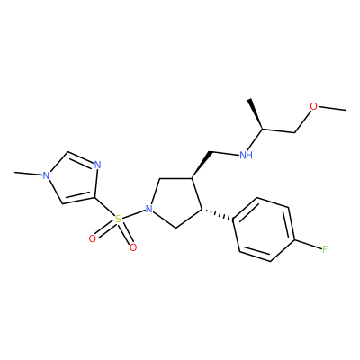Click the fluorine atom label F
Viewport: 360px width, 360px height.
coord(324,249)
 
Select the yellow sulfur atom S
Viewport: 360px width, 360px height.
coord(119,220)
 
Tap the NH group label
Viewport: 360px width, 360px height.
coord(246,155)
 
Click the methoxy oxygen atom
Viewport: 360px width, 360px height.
coord(313,106)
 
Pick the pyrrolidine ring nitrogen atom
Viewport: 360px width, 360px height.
coord(148,209)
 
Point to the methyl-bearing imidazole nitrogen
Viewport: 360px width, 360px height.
coord(46,175)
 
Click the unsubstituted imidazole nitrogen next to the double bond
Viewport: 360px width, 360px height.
coord(97,165)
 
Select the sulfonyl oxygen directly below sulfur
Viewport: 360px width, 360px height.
coord(133,247)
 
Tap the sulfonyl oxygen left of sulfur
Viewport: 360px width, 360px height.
coord(93,238)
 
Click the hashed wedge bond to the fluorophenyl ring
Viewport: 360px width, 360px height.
coord(218,215)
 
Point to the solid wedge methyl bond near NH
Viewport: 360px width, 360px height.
coord(256,114)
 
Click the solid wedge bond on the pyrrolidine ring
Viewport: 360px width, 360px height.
coord(202,165)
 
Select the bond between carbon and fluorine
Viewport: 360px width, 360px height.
coord(309,244)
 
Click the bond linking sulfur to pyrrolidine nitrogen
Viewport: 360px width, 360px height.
coord(134,214)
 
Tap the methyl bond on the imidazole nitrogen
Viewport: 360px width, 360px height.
coord(28,174)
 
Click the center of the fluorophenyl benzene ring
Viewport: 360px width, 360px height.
coord(265,229)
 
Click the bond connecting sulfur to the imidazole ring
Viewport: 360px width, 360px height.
coord(104,207)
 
